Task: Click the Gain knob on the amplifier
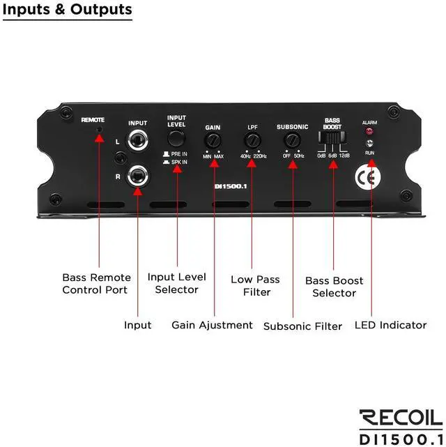pos(213,141)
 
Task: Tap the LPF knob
pos(252,141)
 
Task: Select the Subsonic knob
pos(291,141)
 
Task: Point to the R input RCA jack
pos(137,176)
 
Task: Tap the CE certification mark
pos(368,176)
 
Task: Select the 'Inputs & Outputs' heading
pos(67,10)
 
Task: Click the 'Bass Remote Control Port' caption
pos(95,284)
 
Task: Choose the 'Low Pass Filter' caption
pos(255,286)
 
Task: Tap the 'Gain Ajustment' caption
pos(212,325)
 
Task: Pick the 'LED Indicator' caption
pos(390,325)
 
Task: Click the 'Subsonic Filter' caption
pos(302,326)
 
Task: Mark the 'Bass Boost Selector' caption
pos(334,287)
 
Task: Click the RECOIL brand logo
pos(400,417)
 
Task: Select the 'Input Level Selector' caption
pos(176,283)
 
